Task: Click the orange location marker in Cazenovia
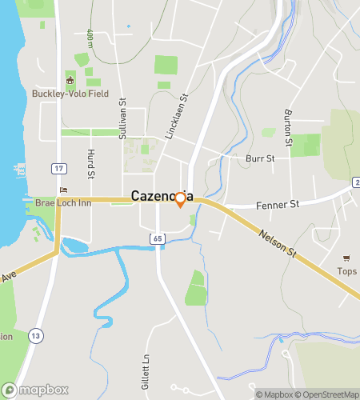point(181,199)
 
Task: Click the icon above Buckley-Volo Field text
point(70,80)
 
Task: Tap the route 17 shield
point(58,169)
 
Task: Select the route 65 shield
point(157,238)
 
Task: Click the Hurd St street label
point(91,164)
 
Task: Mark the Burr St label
point(260,158)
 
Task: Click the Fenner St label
point(277,205)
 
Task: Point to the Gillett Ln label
point(146,369)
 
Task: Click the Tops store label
point(346,271)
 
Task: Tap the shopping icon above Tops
point(346,258)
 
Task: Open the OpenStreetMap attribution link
point(327,394)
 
